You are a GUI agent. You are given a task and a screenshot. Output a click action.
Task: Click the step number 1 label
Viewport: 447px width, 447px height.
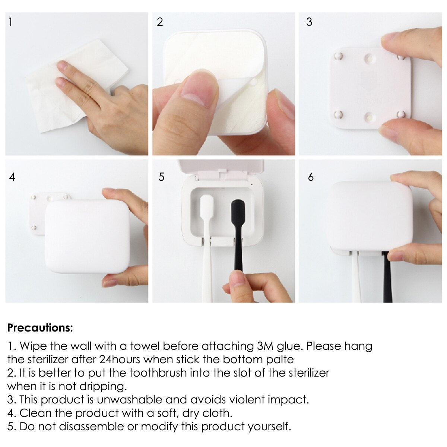point(10,22)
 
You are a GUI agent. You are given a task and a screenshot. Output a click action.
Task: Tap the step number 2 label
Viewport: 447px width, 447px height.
point(160,22)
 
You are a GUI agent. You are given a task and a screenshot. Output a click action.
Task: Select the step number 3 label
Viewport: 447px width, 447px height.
point(309,22)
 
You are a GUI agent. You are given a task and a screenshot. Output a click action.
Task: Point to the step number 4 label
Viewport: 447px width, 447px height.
point(12,177)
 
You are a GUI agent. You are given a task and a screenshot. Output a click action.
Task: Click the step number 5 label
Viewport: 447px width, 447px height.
point(161,177)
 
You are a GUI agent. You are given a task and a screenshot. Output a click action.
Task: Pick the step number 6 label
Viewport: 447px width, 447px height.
point(311,177)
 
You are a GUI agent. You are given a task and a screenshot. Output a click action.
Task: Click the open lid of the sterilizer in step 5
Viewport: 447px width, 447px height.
point(221,167)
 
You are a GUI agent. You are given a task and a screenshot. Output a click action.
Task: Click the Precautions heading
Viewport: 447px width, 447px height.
point(40,328)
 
